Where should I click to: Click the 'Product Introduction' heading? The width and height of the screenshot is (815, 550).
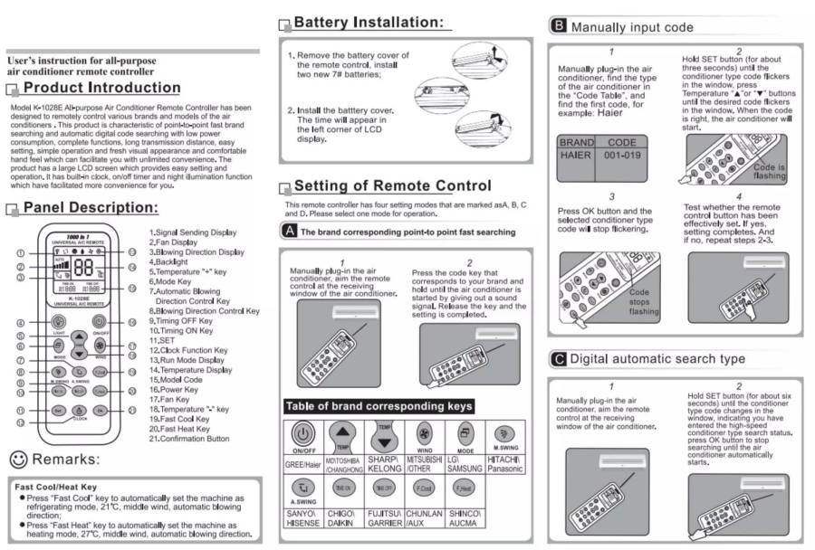click(x=101, y=88)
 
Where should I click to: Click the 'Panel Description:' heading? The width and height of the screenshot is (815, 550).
click(x=91, y=208)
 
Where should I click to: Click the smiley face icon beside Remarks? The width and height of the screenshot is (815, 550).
click(x=17, y=459)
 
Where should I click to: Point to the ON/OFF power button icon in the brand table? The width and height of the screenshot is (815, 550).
click(x=303, y=432)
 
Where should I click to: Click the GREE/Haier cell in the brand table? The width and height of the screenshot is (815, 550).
click(x=303, y=464)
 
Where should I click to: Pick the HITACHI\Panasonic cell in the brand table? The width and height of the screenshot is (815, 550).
click(x=505, y=464)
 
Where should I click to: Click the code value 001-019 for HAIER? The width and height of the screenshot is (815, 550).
click(x=621, y=156)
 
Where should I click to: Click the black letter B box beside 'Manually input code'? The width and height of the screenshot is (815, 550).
click(x=559, y=26)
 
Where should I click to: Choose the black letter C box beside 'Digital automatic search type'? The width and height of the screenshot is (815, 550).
click(x=559, y=359)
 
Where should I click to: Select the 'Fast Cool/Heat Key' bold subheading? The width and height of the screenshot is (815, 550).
click(x=56, y=487)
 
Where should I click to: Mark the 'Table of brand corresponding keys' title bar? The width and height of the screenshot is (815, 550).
click(x=379, y=406)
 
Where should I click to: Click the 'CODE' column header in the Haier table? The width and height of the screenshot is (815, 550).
click(x=621, y=142)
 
